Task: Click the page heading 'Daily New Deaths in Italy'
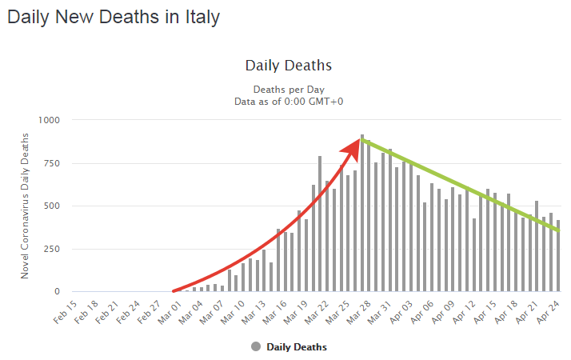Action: click(113, 17)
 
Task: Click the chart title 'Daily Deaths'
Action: click(288, 65)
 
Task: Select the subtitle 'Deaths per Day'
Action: click(288, 89)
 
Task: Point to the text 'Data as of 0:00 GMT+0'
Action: click(288, 102)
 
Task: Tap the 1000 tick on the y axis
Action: click(50, 120)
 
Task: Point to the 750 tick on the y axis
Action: click(53, 163)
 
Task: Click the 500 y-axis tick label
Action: click(53, 206)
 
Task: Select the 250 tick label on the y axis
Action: click(53, 249)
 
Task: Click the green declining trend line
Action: click(464, 186)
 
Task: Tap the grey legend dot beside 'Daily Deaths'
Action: click(256, 346)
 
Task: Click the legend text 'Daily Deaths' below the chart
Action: click(297, 347)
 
